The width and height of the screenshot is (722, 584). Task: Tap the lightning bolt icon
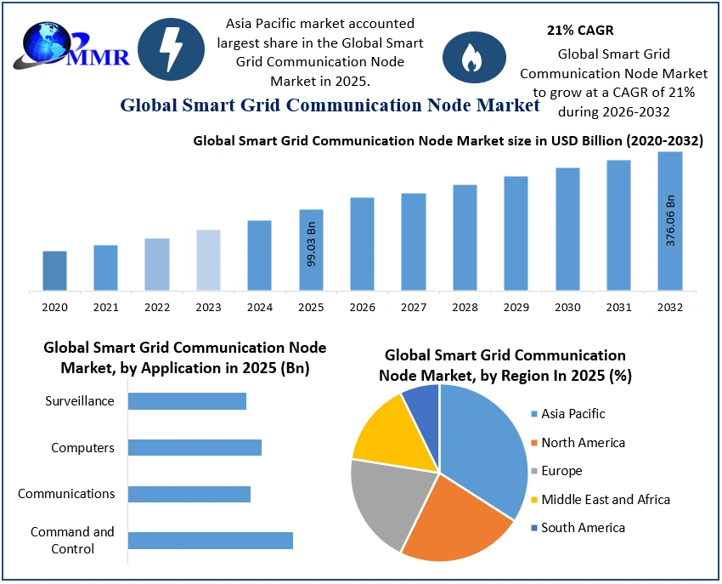click(171, 49)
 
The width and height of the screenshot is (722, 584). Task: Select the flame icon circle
click(468, 55)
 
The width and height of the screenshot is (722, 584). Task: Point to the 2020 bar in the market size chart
click(55, 270)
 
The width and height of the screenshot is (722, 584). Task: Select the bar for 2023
click(208, 259)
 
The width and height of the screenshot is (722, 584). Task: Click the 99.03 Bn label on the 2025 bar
click(311, 245)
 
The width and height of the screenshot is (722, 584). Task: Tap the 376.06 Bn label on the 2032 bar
click(670, 220)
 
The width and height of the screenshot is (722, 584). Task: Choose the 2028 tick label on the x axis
click(465, 307)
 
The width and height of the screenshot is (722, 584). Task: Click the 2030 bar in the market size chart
click(567, 230)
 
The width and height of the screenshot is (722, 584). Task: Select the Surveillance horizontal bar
click(187, 401)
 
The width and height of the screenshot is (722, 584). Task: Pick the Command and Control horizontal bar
click(210, 541)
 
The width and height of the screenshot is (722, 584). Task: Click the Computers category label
click(82, 448)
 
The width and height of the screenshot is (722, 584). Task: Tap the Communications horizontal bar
click(189, 494)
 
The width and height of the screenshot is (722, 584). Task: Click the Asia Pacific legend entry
click(573, 414)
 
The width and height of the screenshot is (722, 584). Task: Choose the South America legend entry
click(582, 528)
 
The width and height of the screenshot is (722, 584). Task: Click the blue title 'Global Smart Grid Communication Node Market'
click(330, 105)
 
